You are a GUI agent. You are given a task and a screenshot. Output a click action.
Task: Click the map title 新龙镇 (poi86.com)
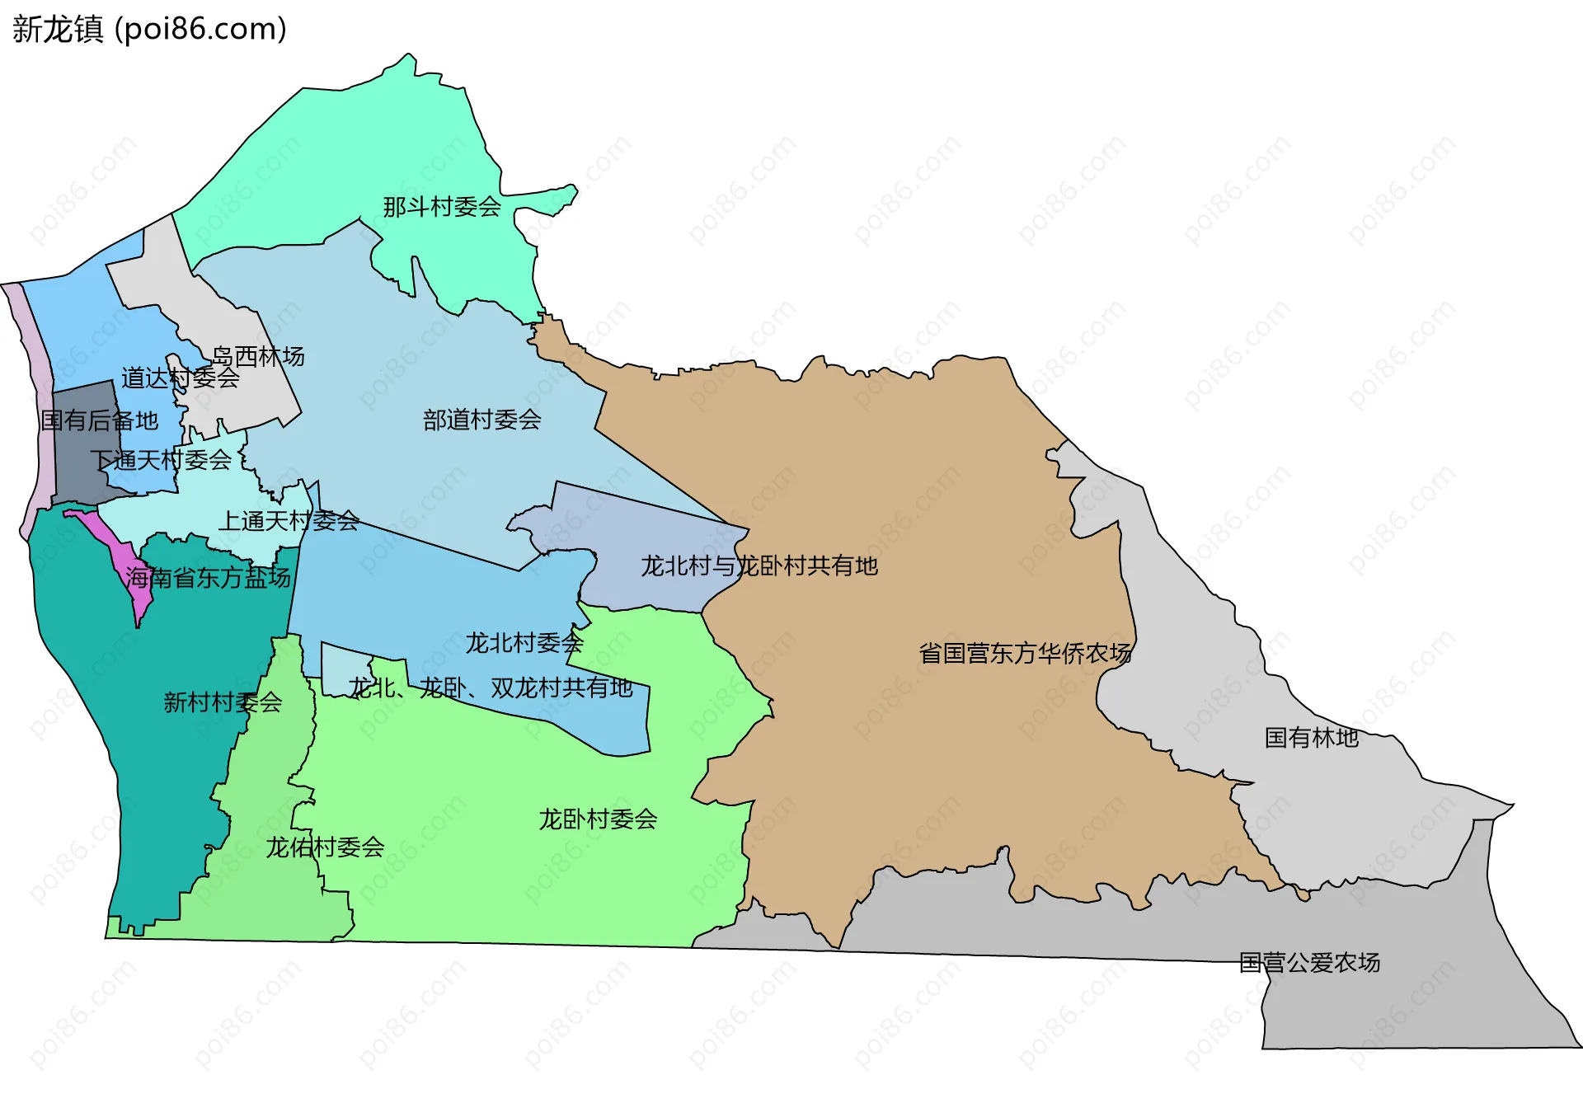coord(149,29)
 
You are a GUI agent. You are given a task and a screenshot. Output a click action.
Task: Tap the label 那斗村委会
coord(442,207)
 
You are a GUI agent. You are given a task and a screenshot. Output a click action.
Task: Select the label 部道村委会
coord(482,420)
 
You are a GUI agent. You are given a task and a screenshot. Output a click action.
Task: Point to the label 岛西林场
coord(258,356)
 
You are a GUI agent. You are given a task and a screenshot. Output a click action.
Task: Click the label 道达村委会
coord(181,378)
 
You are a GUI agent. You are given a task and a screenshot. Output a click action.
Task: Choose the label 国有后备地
coord(100,420)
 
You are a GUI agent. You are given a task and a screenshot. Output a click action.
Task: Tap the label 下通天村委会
coord(161,460)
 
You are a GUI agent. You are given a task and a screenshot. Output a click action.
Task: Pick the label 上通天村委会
coord(289,521)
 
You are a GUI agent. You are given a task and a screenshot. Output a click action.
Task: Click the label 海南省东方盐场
coord(209,577)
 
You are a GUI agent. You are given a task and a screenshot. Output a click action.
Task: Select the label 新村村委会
coord(223,702)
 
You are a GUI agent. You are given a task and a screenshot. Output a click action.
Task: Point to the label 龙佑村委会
coord(325,847)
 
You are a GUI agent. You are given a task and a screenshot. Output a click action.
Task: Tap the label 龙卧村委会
coord(598,819)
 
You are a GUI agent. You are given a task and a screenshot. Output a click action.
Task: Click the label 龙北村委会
coord(524,643)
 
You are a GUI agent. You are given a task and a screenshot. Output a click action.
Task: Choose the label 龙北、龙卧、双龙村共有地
coord(491,688)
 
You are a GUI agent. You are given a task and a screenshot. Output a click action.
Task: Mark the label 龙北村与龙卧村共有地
coord(759,566)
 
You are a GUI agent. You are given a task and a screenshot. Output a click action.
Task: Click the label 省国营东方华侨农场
coord(1026,653)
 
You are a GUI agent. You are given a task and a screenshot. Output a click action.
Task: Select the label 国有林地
coord(1312,737)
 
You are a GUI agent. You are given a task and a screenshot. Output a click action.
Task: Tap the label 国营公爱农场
coord(1309,962)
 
